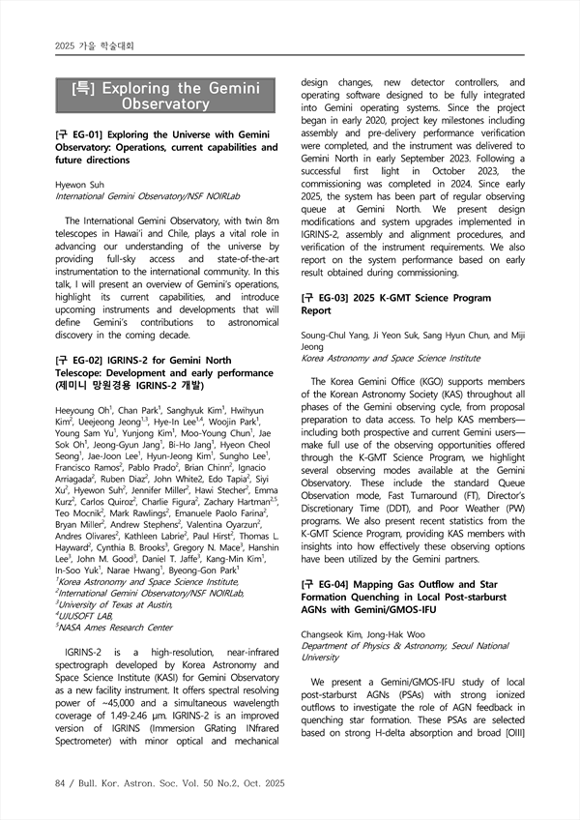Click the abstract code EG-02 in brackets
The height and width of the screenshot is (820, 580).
point(82,361)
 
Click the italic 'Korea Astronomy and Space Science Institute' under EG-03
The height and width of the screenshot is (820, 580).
point(391,358)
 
